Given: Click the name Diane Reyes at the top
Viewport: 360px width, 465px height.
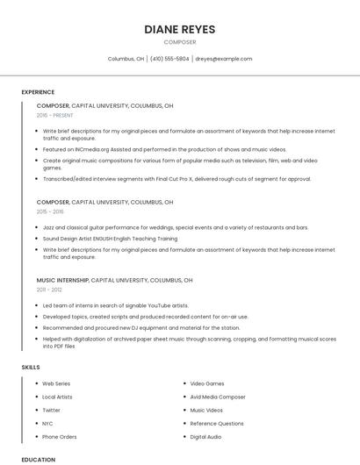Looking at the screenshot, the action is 179,29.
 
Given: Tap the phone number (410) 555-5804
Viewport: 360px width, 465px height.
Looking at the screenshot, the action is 169,59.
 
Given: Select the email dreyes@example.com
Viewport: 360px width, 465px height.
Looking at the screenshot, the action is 223,59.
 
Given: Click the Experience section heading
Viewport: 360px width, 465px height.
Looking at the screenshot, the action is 38,92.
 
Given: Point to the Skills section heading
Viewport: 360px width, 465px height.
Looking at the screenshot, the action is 31,367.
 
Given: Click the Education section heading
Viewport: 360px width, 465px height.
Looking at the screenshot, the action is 38,459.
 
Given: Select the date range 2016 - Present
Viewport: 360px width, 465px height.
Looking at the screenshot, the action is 54,115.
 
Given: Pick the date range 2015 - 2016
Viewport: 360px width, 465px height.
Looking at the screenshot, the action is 50,211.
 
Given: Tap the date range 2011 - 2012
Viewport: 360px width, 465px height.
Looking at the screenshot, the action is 49,290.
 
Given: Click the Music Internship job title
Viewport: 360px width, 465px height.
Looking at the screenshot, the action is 62,280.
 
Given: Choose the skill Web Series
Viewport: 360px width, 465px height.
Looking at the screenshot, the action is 56,383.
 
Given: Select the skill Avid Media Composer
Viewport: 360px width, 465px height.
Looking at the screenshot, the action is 218,397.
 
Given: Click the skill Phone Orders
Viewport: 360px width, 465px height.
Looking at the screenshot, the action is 60,436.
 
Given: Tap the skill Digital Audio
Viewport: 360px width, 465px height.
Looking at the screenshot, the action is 205,436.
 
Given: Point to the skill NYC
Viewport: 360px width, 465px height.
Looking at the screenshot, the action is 47,423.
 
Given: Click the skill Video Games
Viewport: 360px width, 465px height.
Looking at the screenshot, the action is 207,383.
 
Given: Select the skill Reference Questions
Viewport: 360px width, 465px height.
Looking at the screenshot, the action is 217,423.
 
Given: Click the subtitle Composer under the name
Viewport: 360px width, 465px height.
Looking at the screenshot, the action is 179,42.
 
